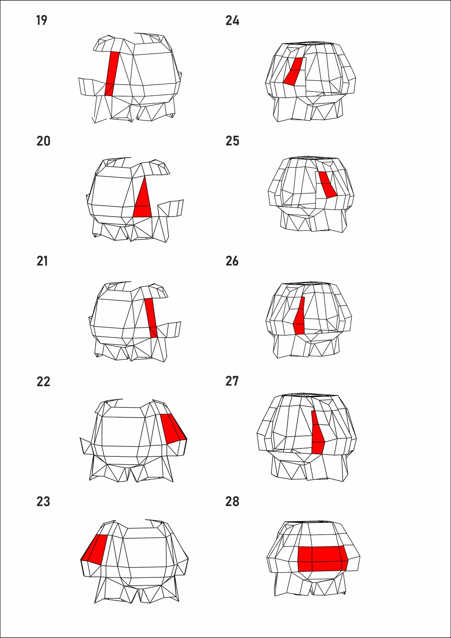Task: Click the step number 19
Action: (42, 20)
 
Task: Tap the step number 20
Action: (43, 141)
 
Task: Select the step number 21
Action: (42, 261)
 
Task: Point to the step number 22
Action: (43, 382)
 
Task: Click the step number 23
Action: (43, 501)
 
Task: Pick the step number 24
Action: (232, 21)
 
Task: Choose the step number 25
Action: (232, 141)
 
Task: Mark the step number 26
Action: (232, 261)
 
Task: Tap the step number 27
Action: (232, 381)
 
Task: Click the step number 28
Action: (232, 501)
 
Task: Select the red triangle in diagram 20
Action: (143, 202)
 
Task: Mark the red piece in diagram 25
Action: (327, 185)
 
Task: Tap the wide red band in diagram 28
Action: (322, 558)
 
